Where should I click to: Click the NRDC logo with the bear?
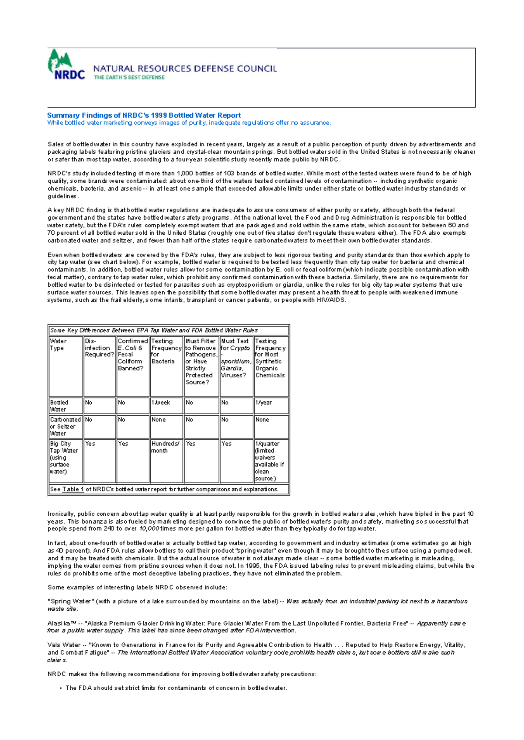click(65, 65)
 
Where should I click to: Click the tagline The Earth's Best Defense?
click(129, 77)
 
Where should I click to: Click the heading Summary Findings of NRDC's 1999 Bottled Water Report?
click(144, 115)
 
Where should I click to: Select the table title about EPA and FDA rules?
click(154, 330)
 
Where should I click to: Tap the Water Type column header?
click(58, 345)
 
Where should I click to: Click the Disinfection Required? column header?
click(99, 348)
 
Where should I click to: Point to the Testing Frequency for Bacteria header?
click(166, 351)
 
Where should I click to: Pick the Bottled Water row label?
click(59, 406)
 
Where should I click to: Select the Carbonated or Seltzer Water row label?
click(65, 426)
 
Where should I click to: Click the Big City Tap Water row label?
click(64, 457)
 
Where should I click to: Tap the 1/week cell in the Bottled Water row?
click(161, 402)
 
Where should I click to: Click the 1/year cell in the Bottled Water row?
click(263, 402)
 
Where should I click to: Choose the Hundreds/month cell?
click(165, 447)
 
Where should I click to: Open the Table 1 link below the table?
click(73, 489)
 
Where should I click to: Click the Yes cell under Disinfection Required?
click(90, 443)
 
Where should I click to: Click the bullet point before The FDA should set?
click(60, 689)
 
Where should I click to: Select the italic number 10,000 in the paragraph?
click(149, 528)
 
